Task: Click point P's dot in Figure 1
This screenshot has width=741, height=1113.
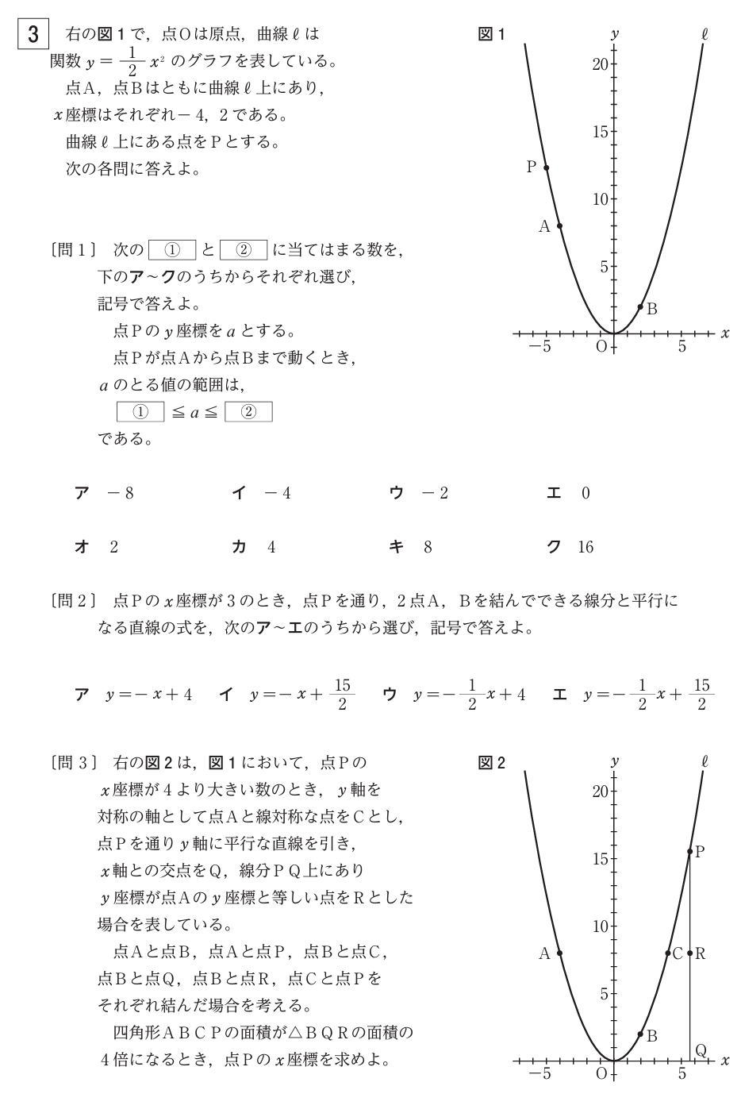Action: tap(546, 168)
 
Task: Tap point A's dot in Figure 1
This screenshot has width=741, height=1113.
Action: tap(559, 225)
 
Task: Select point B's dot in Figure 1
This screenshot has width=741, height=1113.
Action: tap(640, 306)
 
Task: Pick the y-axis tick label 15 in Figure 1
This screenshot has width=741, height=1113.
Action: tap(600, 132)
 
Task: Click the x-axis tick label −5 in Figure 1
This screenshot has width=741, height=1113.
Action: tap(541, 347)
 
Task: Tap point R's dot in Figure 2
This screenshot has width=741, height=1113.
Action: tap(690, 953)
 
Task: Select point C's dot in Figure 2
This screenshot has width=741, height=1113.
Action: tap(667, 953)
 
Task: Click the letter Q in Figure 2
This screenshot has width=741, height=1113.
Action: tap(701, 1050)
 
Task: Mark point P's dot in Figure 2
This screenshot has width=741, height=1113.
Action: tap(690, 852)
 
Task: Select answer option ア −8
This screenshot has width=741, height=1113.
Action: tap(104, 494)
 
